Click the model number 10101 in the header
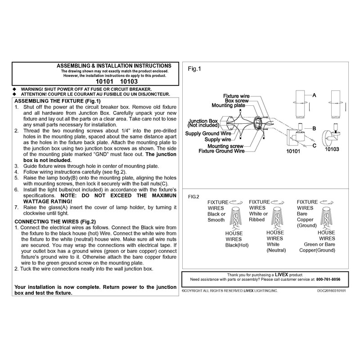click(x=104, y=83)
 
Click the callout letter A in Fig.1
click(x=314, y=95)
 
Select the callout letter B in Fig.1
click(x=314, y=128)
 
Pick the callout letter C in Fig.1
click(x=314, y=145)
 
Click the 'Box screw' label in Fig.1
click(x=236, y=101)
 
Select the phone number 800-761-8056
click(x=328, y=279)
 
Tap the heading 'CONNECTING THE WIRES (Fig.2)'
click(x=55, y=222)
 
